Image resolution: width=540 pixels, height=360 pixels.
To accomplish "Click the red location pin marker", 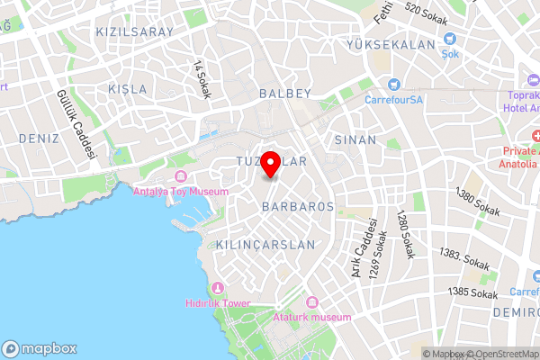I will point(269,162).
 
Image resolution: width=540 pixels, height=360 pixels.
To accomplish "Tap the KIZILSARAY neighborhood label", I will point(134,31).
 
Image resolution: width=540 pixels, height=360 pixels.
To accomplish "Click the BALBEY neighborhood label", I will point(284,93).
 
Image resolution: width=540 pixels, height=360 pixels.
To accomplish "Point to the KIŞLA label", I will point(126,89).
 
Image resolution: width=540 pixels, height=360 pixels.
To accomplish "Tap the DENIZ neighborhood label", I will point(38,139).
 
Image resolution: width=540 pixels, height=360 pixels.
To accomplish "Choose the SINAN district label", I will point(349,140).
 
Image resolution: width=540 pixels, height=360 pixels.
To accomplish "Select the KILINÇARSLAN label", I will point(266,245).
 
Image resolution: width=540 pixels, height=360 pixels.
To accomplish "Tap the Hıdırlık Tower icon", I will point(217,288).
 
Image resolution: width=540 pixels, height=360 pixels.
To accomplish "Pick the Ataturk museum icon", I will point(312,302).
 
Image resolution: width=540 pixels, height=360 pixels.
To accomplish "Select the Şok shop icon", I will point(450,40).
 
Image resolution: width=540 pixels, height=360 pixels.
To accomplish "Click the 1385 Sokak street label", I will point(472,292).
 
